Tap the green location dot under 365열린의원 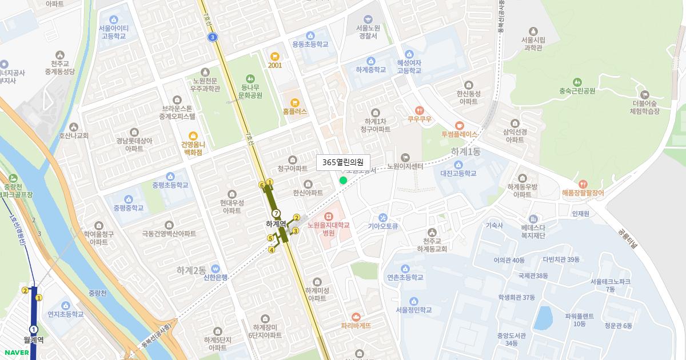tap(343, 181)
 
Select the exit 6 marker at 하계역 tap(262, 185)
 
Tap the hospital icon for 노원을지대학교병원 tap(328, 217)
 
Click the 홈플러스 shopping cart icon tap(295, 102)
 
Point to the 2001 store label tap(275, 65)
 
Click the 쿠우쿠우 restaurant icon tap(419, 110)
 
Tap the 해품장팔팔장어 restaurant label tap(583, 193)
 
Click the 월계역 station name tap(34, 339)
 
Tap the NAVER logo tap(15, 352)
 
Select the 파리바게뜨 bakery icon tap(356, 317)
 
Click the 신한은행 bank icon tap(216, 269)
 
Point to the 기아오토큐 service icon tap(382, 217)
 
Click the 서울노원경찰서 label tap(367, 31)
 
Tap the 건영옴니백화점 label tap(193, 150)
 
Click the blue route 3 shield tap(213, 37)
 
